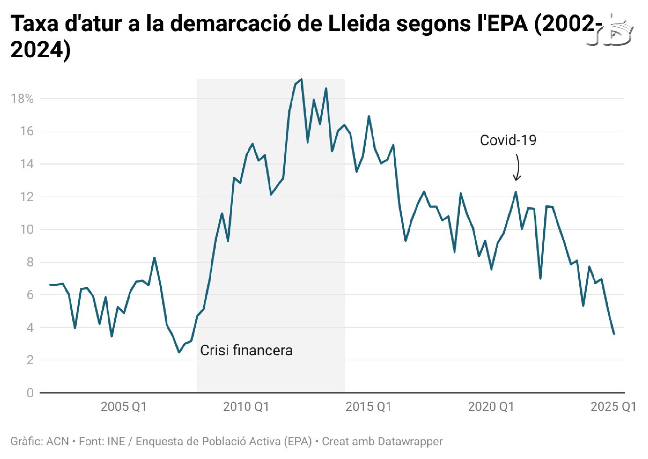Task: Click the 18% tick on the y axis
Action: click(x=22, y=99)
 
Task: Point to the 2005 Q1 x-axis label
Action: click(x=123, y=406)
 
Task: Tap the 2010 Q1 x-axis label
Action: click(x=246, y=406)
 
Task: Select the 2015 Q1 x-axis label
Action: click(x=368, y=406)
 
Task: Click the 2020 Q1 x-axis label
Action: click(x=491, y=406)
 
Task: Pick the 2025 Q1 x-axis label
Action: click(x=613, y=406)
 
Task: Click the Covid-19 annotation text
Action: click(x=508, y=140)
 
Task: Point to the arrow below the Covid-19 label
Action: click(x=517, y=168)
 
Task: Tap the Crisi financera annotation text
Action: click(x=246, y=350)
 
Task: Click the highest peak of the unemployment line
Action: click(x=302, y=79)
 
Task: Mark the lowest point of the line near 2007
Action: click(x=179, y=352)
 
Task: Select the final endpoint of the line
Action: click(x=614, y=334)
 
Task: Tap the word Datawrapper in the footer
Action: click(x=408, y=441)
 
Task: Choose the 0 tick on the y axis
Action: click(x=30, y=393)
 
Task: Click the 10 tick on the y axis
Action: click(x=27, y=229)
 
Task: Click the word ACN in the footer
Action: click(x=58, y=441)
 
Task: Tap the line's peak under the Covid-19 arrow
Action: click(x=516, y=192)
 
